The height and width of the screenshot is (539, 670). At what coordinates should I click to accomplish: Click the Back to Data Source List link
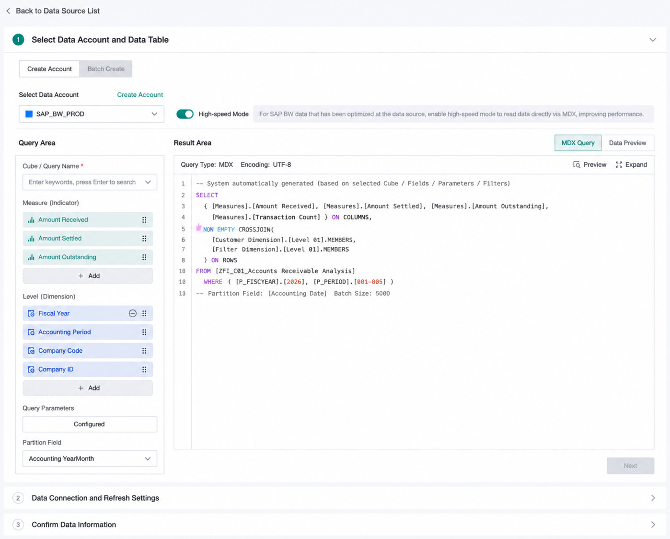(x=53, y=11)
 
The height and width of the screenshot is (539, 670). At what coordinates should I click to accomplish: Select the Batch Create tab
(x=106, y=69)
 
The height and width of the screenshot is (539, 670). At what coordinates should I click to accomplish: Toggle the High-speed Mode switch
(x=185, y=114)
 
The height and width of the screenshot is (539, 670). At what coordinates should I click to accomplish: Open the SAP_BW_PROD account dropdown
(x=92, y=114)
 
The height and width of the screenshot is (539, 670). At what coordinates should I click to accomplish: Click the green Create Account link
(x=140, y=94)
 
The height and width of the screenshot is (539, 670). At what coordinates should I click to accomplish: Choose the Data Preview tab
(x=627, y=143)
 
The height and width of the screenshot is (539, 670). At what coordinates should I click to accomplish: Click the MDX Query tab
(x=578, y=143)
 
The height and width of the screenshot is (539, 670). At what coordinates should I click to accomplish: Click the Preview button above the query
(x=589, y=165)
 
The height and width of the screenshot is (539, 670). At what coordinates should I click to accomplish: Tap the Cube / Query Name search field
(x=90, y=182)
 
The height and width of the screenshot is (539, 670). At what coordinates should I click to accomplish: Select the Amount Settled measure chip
(x=88, y=239)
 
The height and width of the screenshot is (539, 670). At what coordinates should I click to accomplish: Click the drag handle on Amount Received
(x=144, y=220)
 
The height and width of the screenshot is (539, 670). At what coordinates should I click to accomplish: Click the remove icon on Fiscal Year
(x=133, y=313)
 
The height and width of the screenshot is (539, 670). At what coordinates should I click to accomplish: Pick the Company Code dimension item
(x=88, y=351)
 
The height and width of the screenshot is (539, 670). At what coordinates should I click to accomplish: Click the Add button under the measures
(x=88, y=275)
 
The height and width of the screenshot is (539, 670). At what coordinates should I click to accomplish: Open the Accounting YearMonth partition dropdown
(x=90, y=459)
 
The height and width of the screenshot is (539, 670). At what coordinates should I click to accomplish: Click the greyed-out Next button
(x=630, y=466)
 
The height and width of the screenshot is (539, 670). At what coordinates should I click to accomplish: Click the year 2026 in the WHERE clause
(x=294, y=282)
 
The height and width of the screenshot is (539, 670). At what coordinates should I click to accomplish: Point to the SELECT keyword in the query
(x=207, y=195)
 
